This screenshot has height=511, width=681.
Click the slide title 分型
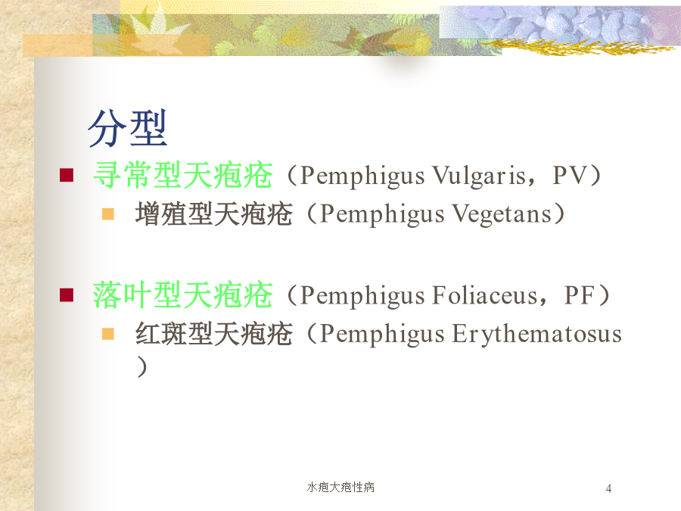click(x=127, y=128)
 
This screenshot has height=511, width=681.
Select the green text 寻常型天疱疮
click(x=183, y=175)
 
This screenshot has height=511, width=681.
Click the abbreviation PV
click(x=570, y=175)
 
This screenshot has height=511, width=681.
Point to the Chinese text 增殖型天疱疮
click(x=213, y=213)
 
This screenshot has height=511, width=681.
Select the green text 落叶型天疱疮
click(x=183, y=295)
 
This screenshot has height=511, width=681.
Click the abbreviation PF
click(x=579, y=295)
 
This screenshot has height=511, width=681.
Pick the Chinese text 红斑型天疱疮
click(x=213, y=334)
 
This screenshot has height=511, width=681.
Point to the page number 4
click(x=608, y=488)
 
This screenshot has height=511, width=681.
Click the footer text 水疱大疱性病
click(x=340, y=487)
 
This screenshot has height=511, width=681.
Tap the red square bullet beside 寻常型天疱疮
click(x=67, y=175)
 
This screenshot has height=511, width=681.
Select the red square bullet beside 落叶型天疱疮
click(x=67, y=295)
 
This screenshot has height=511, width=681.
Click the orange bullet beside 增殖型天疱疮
click(x=107, y=213)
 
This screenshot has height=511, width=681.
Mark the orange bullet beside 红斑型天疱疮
click(x=107, y=334)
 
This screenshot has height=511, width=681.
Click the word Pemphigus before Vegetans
click(x=382, y=215)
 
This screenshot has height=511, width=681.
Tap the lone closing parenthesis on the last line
click(x=142, y=366)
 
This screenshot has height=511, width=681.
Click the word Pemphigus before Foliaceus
click(x=362, y=296)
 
